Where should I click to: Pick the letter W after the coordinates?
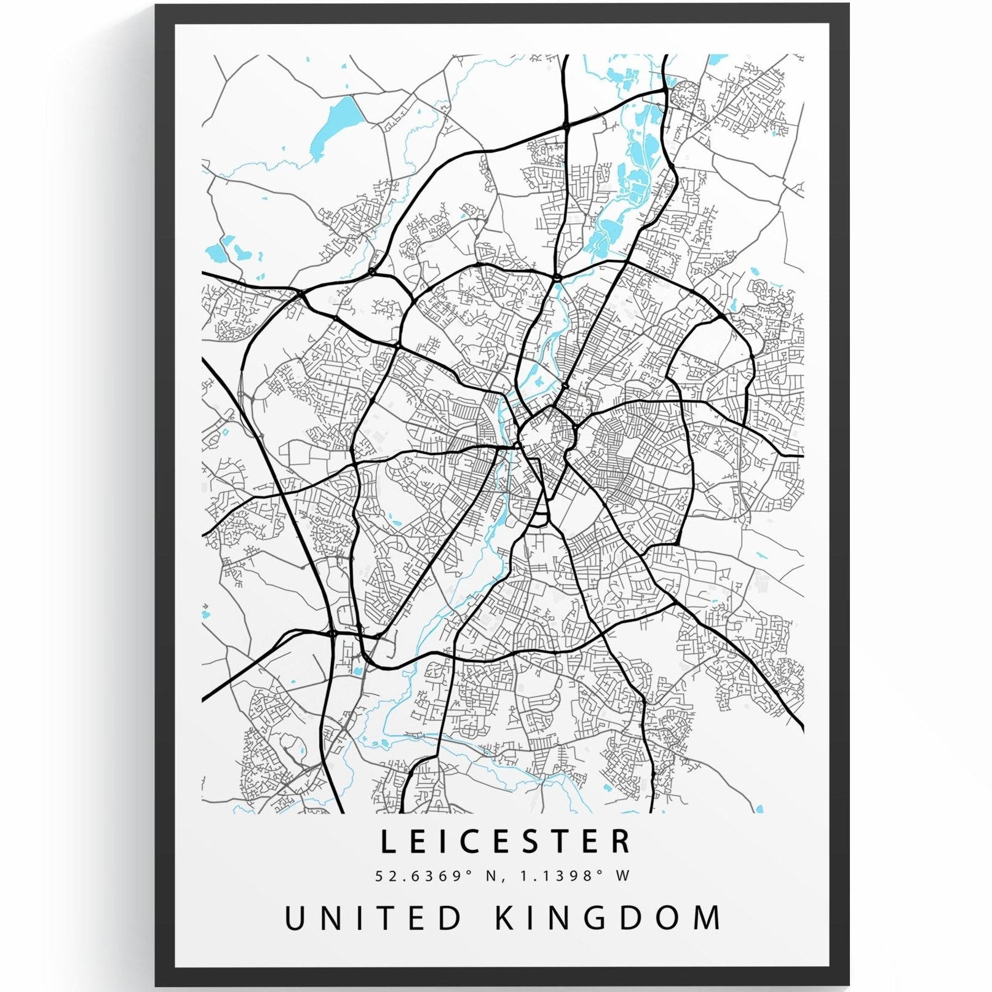624,876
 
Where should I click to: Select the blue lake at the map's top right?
716,60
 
